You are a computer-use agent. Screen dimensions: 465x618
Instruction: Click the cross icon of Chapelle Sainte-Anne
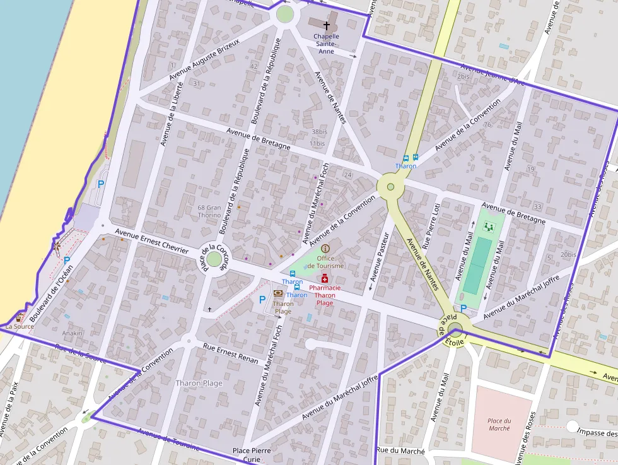[327, 25]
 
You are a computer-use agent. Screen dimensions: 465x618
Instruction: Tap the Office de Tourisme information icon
[325, 249]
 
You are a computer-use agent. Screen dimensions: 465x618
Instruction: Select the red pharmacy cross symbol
[325, 278]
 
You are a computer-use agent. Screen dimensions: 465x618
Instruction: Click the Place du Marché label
[499, 425]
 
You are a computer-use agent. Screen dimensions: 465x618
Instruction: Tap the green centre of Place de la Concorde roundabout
[214, 259]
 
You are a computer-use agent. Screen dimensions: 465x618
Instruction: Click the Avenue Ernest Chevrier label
[151, 242]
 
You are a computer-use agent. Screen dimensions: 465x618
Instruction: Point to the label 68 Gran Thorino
[209, 211]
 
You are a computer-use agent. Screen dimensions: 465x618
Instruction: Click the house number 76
[487, 124]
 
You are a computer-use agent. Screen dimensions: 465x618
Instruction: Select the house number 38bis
[319, 132]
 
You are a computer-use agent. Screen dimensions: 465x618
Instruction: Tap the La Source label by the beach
[20, 326]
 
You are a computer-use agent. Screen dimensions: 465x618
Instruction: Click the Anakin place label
[72, 333]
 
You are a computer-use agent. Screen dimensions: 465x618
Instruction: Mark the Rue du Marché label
[400, 450]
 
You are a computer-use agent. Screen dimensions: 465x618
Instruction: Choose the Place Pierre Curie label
[252, 455]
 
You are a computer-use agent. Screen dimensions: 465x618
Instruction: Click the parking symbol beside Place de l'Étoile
[463, 308]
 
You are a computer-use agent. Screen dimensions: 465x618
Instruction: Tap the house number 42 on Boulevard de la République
[254, 66]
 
